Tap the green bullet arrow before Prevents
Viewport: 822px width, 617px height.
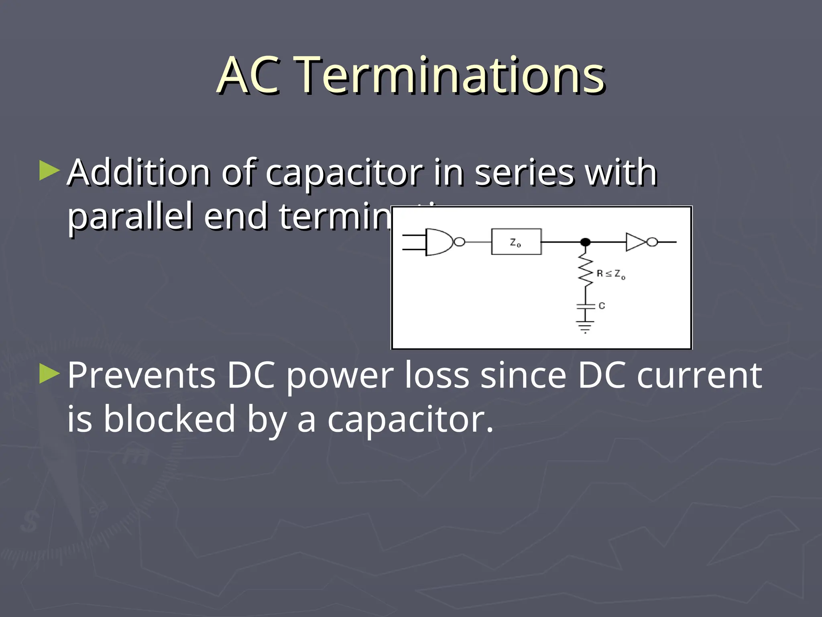click(50, 374)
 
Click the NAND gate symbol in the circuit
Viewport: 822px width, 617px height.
click(440, 242)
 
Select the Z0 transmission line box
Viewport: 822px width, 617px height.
click(516, 242)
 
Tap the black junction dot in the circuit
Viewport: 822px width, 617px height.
click(585, 242)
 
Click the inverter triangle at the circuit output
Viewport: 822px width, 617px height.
click(636, 242)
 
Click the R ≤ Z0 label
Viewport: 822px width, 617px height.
click(610, 274)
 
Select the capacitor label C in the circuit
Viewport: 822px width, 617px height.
click(602, 306)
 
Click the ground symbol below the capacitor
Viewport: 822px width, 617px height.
click(585, 326)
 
